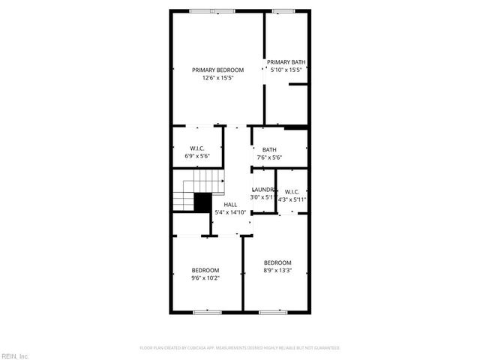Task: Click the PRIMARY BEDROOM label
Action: [x=217, y=70]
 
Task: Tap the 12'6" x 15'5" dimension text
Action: [x=217, y=77]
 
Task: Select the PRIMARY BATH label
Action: [x=286, y=62]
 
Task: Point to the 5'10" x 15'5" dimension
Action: [x=286, y=70]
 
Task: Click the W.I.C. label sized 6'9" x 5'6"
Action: [x=197, y=148]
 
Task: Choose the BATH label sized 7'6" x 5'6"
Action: [x=269, y=149]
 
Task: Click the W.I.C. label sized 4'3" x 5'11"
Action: [x=292, y=191]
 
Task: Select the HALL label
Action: [x=229, y=204]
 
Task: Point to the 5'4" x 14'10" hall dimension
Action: [x=229, y=212]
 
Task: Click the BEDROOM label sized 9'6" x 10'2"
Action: [x=205, y=270]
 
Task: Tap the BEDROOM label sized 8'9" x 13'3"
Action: [x=277, y=262]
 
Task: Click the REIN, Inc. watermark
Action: [x=15, y=355]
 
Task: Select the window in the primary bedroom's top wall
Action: [x=212, y=10]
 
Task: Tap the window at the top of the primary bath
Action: [x=283, y=10]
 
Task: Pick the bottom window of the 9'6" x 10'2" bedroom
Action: [x=204, y=311]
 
